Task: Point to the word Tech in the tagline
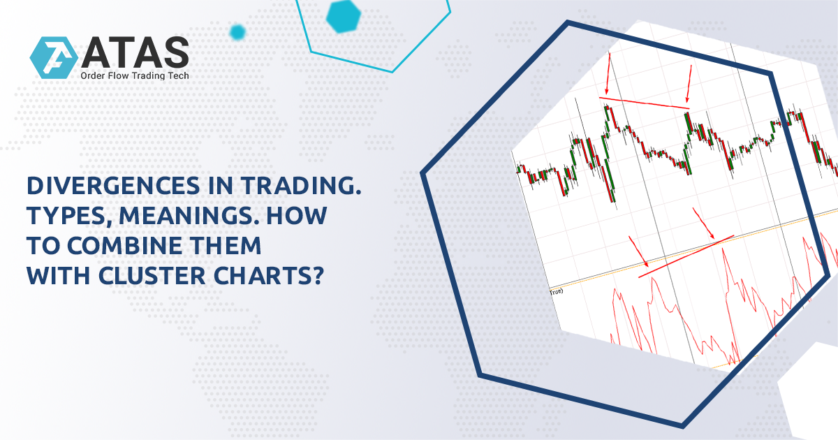(x=178, y=75)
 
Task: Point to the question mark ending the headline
(x=316, y=277)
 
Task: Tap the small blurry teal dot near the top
(x=237, y=31)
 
